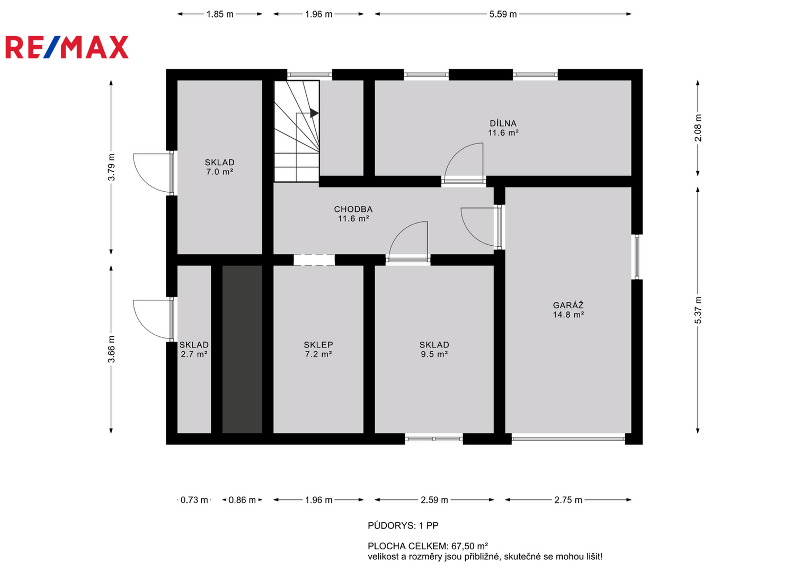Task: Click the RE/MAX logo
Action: click(x=67, y=47)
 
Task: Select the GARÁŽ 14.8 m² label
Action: click(x=568, y=310)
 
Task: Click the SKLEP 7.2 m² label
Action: click(x=318, y=350)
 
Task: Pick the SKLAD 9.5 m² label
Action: click(x=434, y=350)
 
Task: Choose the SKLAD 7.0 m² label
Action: click(x=219, y=167)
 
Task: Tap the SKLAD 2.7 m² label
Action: click(x=194, y=350)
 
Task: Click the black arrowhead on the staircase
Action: click(x=314, y=113)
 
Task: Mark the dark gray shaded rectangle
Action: click(x=242, y=349)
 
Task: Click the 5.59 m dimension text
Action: click(x=503, y=14)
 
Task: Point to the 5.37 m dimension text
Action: click(x=698, y=310)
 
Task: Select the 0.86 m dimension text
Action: click(x=242, y=500)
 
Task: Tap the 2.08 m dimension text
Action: click(x=698, y=128)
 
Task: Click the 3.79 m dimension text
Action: click(x=112, y=167)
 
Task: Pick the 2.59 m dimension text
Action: click(x=434, y=500)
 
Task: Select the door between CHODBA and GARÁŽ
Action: click(x=499, y=227)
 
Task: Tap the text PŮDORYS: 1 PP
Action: click(x=403, y=525)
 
